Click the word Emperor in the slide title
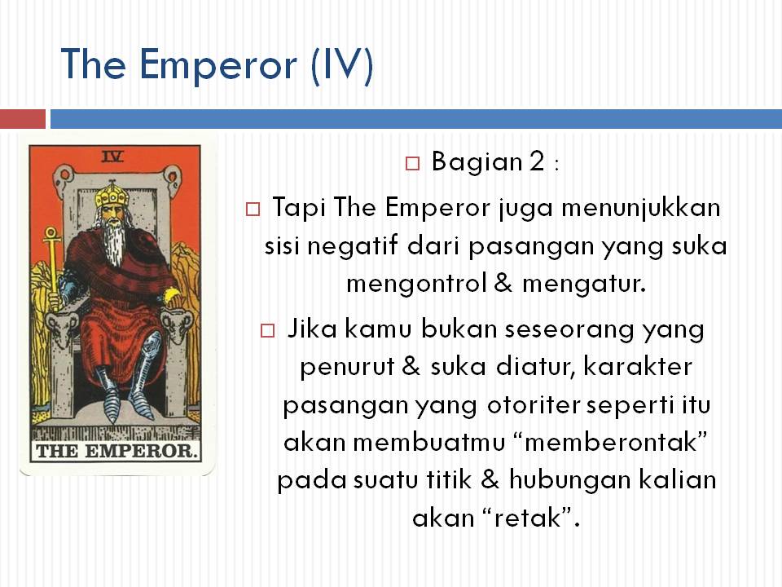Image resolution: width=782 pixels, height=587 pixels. point(218,65)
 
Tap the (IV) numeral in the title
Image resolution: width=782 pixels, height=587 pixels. point(341,65)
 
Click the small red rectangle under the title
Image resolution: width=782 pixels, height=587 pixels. point(23,119)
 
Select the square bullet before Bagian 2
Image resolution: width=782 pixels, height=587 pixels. point(412,163)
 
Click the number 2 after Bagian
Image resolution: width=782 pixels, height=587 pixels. point(537,161)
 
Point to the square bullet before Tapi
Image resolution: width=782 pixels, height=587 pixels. point(253,209)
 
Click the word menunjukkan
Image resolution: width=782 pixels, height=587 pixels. point(641,208)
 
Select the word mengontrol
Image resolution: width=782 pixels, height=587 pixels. point(416,284)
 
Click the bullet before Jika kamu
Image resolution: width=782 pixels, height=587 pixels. point(268,330)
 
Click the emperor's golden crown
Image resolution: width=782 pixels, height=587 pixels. point(112,194)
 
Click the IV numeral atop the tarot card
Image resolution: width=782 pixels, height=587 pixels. point(112,157)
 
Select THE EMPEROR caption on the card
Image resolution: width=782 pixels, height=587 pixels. point(115,451)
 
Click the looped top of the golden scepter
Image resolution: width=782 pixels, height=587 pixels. point(51,234)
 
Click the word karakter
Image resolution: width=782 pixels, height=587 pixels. point(637,366)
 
